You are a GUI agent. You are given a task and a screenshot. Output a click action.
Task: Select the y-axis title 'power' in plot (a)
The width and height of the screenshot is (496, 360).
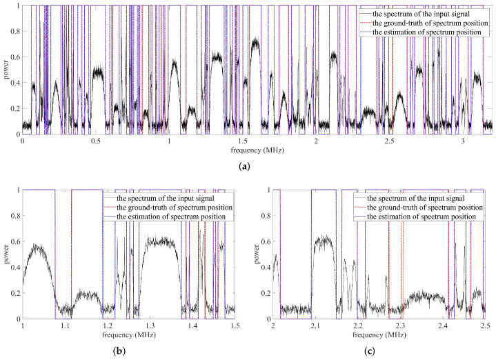(6, 70)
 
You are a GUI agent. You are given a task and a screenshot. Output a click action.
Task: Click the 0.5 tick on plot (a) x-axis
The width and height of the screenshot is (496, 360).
(96, 141)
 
